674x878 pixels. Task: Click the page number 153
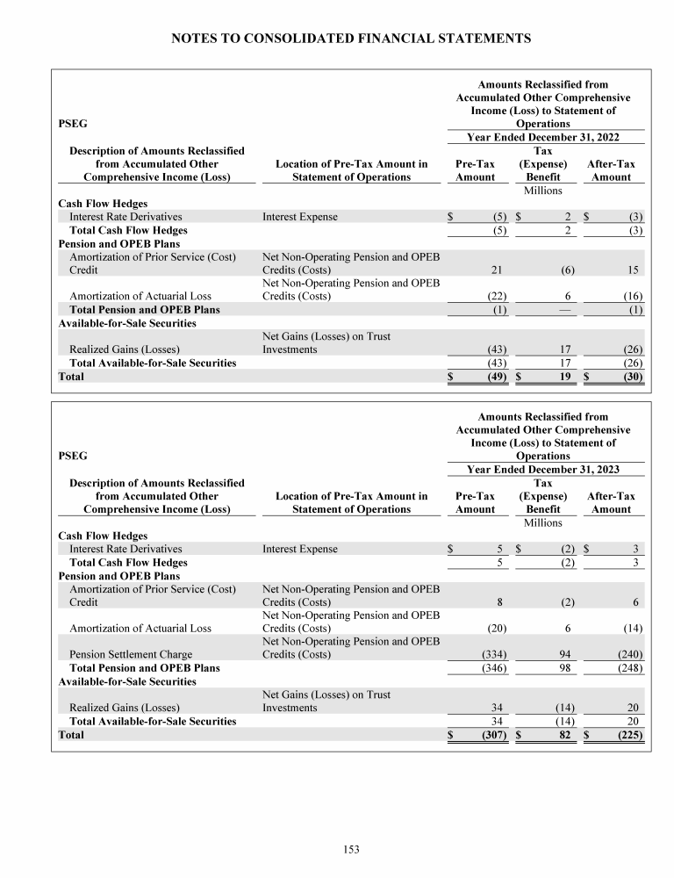tap(351, 849)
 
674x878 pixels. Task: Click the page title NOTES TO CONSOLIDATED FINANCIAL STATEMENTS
tap(351, 39)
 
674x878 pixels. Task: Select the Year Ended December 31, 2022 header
tap(543, 137)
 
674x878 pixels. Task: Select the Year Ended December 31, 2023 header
tap(543, 469)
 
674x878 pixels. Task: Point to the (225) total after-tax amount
tap(628, 735)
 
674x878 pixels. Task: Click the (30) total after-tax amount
tap(632, 377)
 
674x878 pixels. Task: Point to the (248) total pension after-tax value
tap(628, 668)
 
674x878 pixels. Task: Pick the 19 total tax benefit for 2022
tap(566, 377)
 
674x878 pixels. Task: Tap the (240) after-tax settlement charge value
tap(628, 654)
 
